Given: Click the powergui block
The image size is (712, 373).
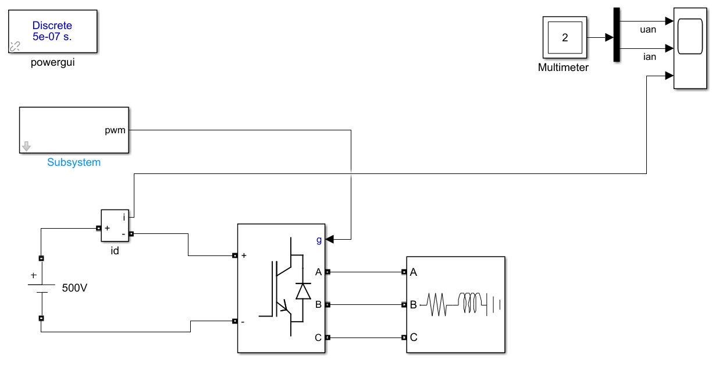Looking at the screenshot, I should pyautogui.click(x=52, y=31).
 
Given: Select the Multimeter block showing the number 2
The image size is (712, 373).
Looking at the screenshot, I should pyautogui.click(x=565, y=38).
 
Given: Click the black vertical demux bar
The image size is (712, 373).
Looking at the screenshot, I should pyautogui.click(x=617, y=35).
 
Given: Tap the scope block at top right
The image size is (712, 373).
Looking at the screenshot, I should pyautogui.click(x=690, y=49).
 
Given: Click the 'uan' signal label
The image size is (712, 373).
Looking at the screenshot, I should pyautogui.click(x=648, y=30).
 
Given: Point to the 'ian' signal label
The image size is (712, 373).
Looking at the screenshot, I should pyautogui.click(x=649, y=56).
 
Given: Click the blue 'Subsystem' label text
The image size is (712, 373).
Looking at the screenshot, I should pyautogui.click(x=74, y=162).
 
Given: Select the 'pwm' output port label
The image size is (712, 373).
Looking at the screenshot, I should pyautogui.click(x=115, y=130).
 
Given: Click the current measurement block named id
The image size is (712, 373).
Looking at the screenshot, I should pyautogui.click(x=115, y=225).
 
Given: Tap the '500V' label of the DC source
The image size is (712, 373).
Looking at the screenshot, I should pyautogui.click(x=74, y=287).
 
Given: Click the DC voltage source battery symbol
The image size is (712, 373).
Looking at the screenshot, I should pyautogui.click(x=41, y=287).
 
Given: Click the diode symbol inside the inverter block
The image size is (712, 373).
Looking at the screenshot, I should pyautogui.click(x=303, y=290).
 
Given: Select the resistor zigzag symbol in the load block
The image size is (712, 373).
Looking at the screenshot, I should pyautogui.click(x=437, y=304).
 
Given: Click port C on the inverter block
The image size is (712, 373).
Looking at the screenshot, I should pyautogui.click(x=327, y=337).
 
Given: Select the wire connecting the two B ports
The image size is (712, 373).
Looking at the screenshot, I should pyautogui.click(x=365, y=304).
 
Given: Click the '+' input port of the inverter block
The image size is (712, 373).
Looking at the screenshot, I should pyautogui.click(x=234, y=255).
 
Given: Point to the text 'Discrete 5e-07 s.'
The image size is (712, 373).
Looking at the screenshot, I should pyautogui.click(x=52, y=31).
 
